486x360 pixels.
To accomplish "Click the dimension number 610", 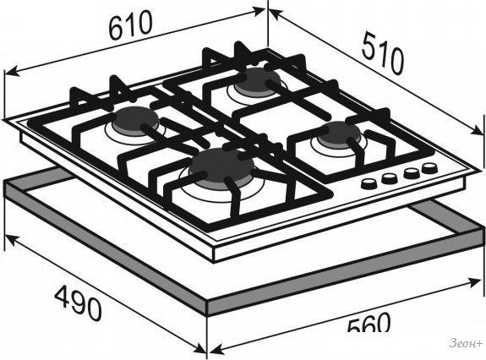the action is pyautogui.click(x=131, y=25).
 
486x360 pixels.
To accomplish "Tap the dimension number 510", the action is pyautogui.click(x=384, y=54).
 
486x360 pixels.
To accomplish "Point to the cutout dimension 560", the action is pyautogui.click(x=369, y=322).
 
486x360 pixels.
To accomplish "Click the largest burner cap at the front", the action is pyautogui.click(x=221, y=166).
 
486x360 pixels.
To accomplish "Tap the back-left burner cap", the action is pyautogui.click(x=136, y=119).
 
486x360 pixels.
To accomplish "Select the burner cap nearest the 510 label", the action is pyautogui.click(x=257, y=79).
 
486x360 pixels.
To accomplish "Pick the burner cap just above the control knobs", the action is pyautogui.click(x=339, y=134).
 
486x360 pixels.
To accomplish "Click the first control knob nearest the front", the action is pyautogui.click(x=369, y=183).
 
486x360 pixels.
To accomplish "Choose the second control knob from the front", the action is pyautogui.click(x=390, y=177).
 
